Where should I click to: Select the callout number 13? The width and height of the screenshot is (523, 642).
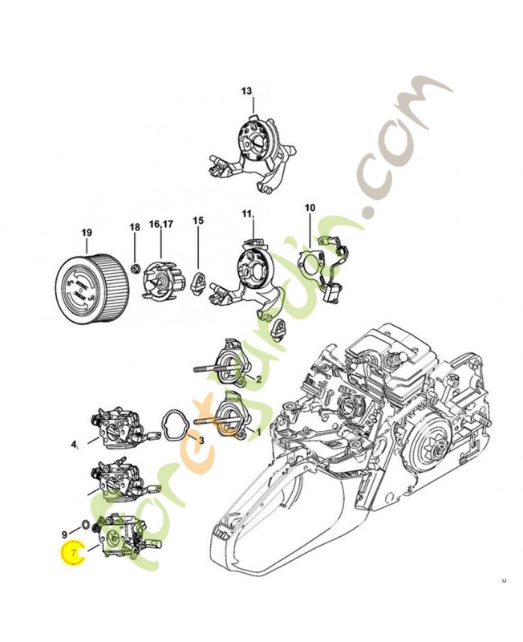(x=246, y=91)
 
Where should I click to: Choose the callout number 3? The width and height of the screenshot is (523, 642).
(x=201, y=441)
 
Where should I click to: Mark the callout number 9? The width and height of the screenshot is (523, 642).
(x=64, y=534)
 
